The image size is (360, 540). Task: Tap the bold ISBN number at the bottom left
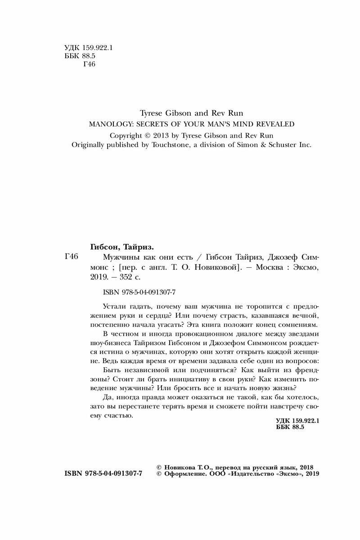pos(103,475)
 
